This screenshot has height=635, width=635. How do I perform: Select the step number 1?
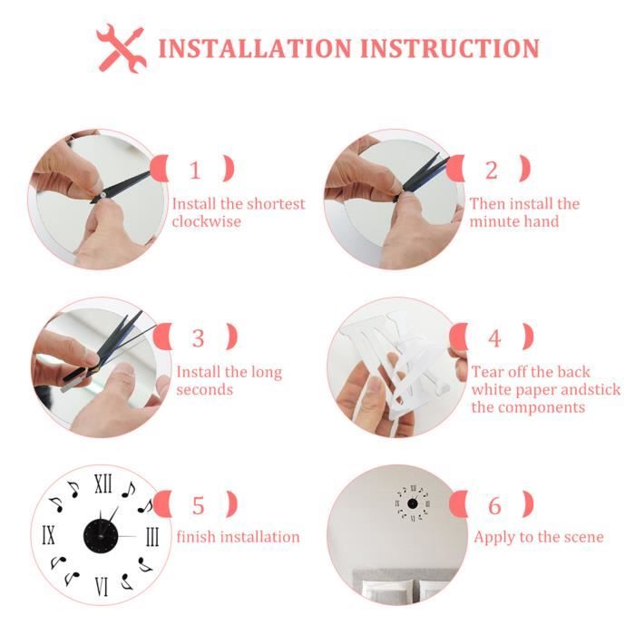pyautogui.click(x=195, y=170)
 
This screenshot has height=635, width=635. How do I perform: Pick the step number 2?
pyautogui.click(x=491, y=170)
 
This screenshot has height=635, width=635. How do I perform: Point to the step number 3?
pyautogui.click(x=199, y=337)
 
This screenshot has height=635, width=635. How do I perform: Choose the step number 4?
pyautogui.click(x=494, y=338)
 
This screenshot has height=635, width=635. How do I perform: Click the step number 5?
pyautogui.click(x=198, y=504)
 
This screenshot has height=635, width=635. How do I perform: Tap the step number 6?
pyautogui.click(x=494, y=504)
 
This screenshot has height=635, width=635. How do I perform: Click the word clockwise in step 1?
pyautogui.click(x=207, y=221)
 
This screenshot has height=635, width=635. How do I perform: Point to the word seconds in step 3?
pyautogui.click(x=205, y=389)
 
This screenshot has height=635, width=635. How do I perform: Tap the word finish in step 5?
pyautogui.click(x=197, y=537)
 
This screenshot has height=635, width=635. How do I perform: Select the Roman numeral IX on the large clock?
pyautogui.click(x=48, y=534)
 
